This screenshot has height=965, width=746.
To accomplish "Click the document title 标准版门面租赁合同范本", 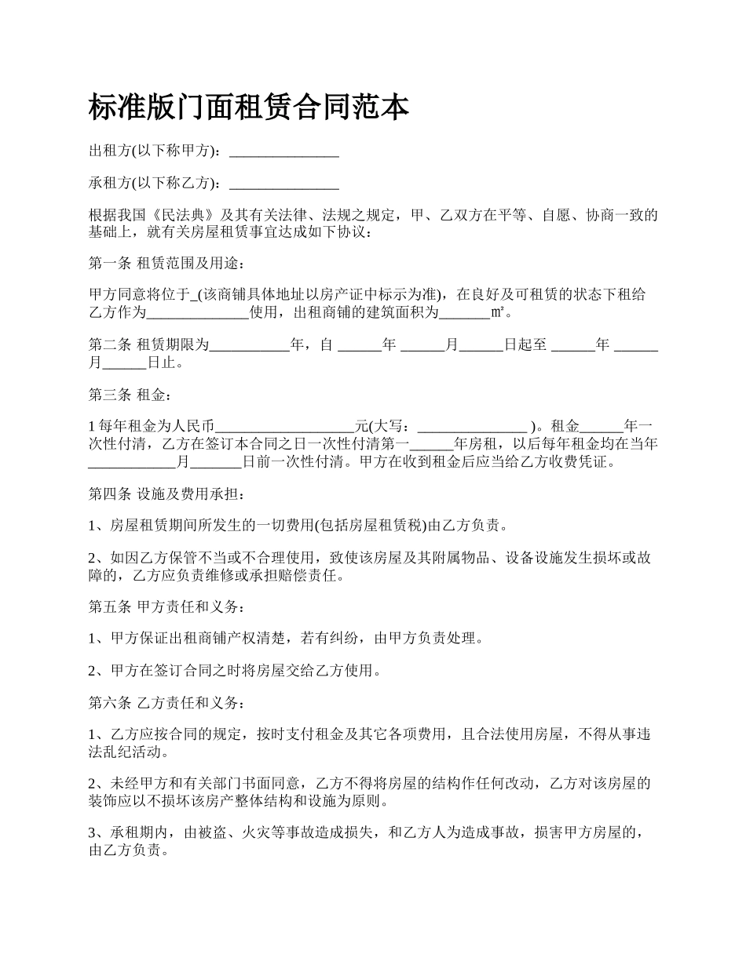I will (248, 107).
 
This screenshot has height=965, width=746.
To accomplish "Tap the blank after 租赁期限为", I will (250, 345).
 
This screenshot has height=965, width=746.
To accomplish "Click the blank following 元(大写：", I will (472, 427).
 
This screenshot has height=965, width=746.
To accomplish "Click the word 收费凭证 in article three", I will (577, 462).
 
